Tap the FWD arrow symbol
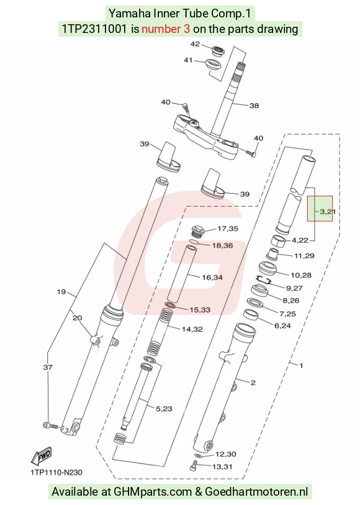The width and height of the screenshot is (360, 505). [x=42, y=455]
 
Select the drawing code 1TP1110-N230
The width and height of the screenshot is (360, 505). [x=56, y=473]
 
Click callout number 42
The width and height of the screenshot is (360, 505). [x=195, y=44]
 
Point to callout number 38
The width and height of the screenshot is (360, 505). [x=254, y=106]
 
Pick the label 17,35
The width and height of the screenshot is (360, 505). [x=228, y=229]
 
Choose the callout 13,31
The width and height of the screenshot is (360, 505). [x=222, y=466]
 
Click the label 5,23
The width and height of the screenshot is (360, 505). [x=164, y=409]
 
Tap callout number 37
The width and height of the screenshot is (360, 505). [x=48, y=367]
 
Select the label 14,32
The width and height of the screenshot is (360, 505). [x=192, y=329]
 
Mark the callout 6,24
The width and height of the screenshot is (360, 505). [x=282, y=325]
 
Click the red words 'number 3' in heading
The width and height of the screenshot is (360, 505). [x=166, y=29]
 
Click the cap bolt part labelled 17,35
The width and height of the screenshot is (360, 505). [x=197, y=232]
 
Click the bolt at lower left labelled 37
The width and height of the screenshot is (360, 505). [x=50, y=425]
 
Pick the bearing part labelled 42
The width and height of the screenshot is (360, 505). [x=218, y=51]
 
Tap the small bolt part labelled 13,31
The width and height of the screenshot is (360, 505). [x=194, y=466]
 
